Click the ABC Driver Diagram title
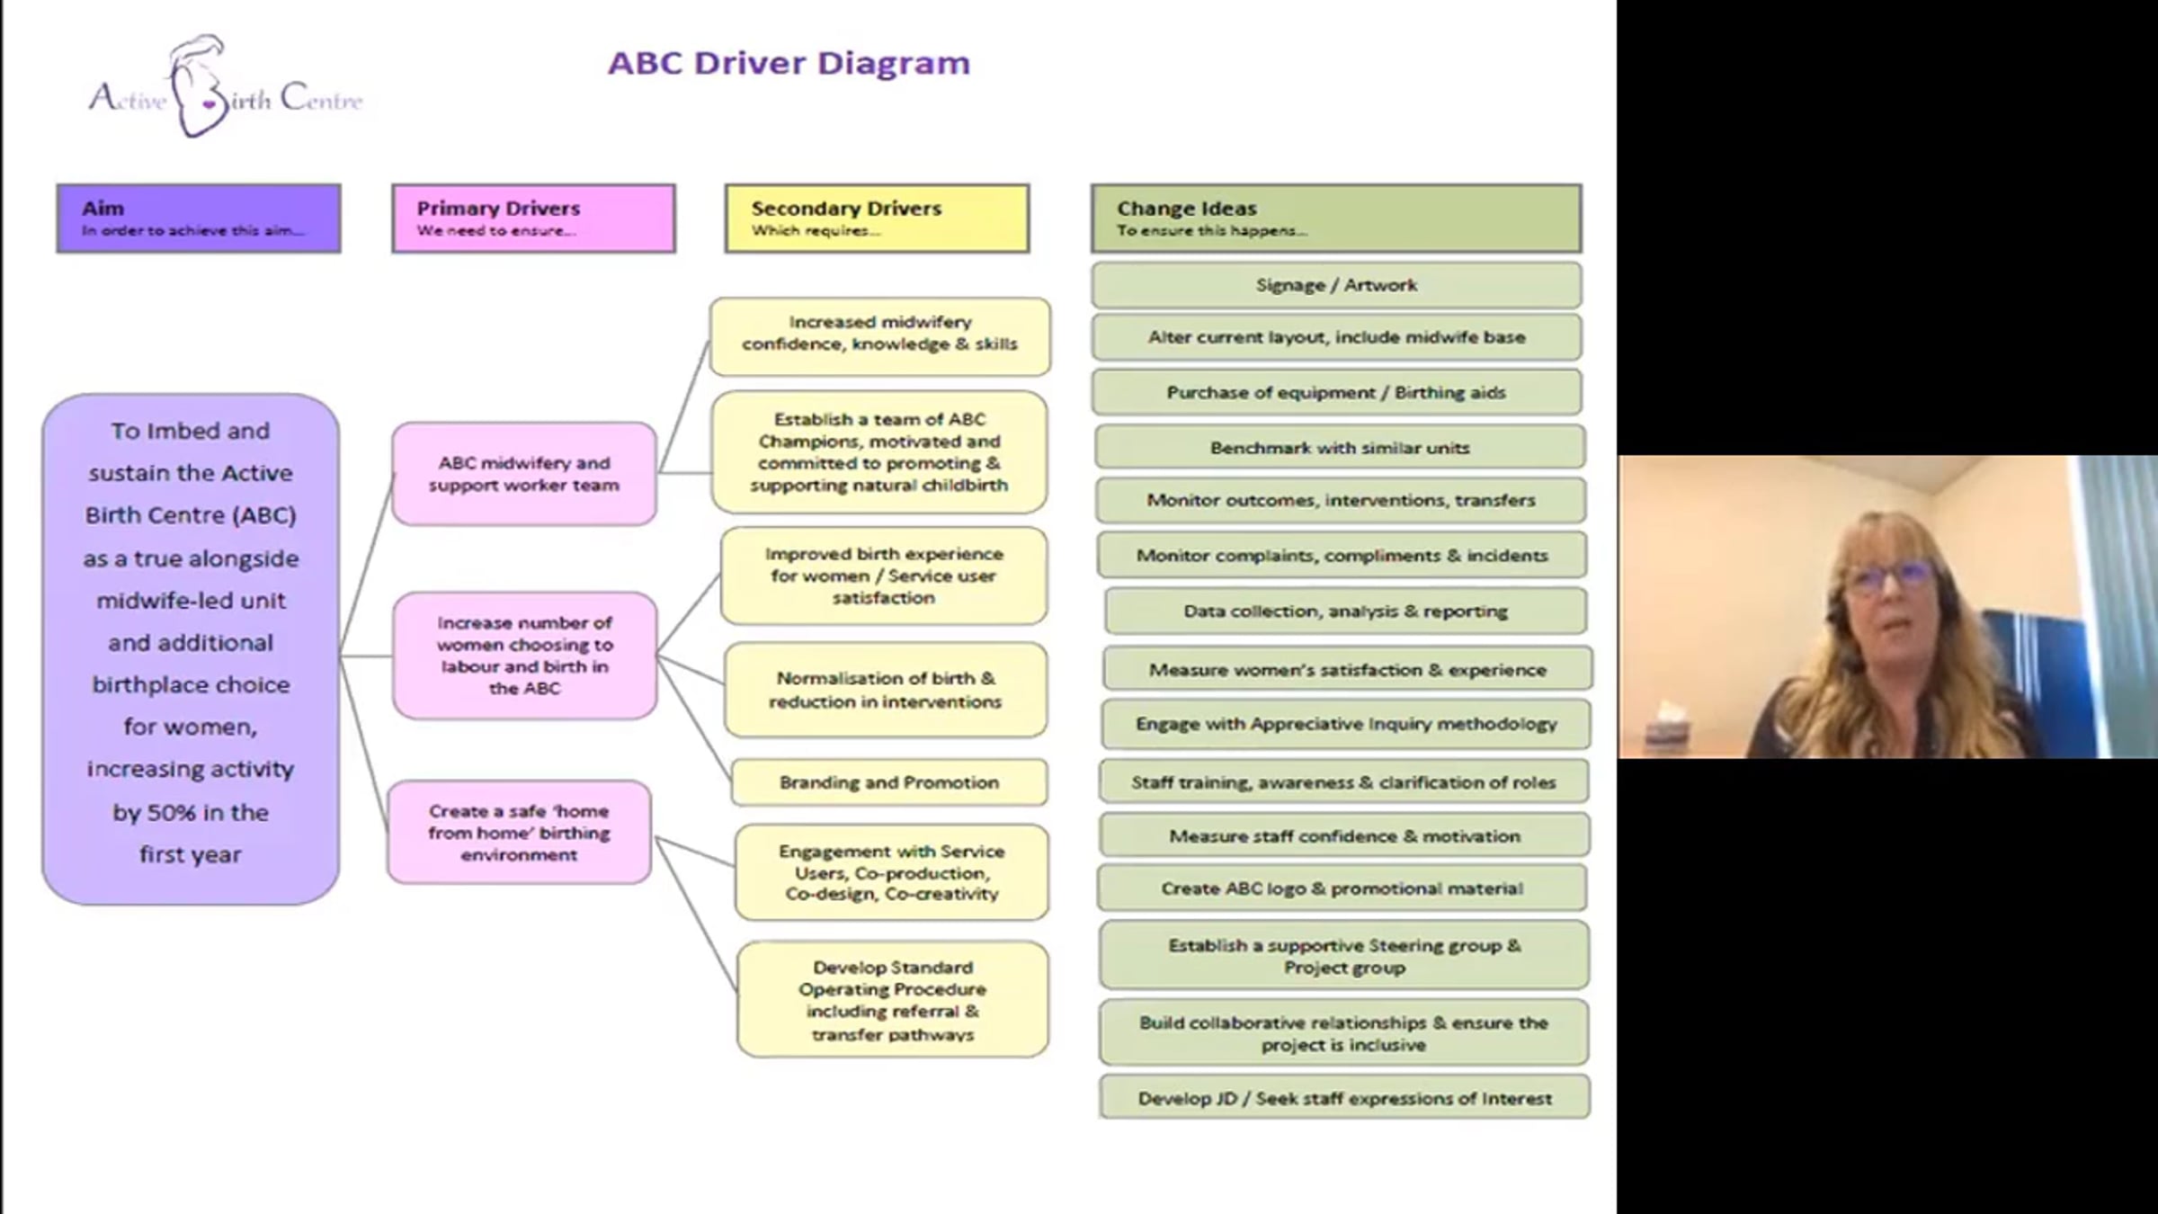coord(789,64)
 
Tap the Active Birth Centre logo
coord(225,88)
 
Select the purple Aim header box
coord(199,219)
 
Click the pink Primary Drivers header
coord(533,219)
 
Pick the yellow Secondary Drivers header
coord(877,219)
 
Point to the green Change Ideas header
coord(1336,219)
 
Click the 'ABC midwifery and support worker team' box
coord(524,474)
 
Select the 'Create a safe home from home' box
coord(520,833)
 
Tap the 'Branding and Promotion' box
coord(889,782)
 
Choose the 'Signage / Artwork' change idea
coord(1336,285)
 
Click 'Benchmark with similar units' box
coord(1340,448)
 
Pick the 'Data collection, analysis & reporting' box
coord(1345,611)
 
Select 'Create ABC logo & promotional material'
coord(1342,888)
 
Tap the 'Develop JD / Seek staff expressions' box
coord(1344,1098)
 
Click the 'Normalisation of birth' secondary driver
coord(886,690)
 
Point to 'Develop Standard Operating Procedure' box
coord(893,1000)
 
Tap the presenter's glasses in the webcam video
coord(1887,575)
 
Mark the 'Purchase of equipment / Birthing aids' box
coord(1336,392)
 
